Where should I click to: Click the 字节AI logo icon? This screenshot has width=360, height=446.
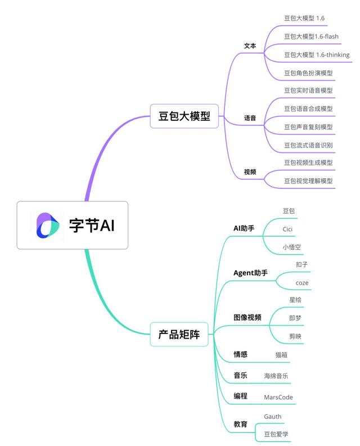click(x=47, y=225)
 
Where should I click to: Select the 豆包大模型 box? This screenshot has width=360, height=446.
click(x=184, y=116)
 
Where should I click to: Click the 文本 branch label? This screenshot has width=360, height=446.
click(x=250, y=46)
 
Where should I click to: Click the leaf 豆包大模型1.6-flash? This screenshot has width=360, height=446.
click(x=312, y=37)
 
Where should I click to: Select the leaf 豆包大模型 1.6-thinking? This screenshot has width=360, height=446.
click(x=316, y=55)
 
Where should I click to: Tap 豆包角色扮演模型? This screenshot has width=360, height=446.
click(x=308, y=73)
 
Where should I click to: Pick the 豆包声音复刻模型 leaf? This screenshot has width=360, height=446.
click(x=308, y=127)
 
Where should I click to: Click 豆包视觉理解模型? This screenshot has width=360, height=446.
click(x=308, y=181)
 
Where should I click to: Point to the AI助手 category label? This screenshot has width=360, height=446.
click(x=244, y=228)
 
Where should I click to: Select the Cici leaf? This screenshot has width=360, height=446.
click(x=287, y=229)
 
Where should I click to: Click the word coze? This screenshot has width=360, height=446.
click(x=302, y=282)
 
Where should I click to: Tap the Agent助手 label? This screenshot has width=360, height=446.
click(x=250, y=273)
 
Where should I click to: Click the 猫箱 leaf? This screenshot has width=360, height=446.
click(x=282, y=355)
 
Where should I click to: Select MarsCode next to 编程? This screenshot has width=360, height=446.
click(x=278, y=397)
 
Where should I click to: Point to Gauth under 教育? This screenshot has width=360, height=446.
click(x=273, y=416)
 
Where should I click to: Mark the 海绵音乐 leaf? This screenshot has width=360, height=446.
click(x=278, y=376)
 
